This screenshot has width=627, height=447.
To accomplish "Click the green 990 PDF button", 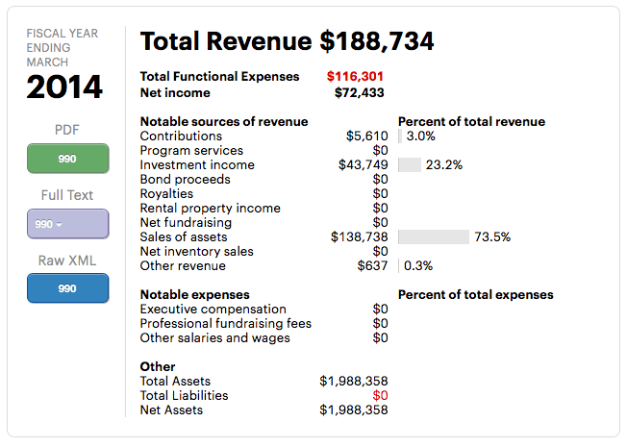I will click(x=67, y=159).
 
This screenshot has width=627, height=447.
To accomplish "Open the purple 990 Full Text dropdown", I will click(x=67, y=224).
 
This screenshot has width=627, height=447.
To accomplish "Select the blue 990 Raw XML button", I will click(x=67, y=288).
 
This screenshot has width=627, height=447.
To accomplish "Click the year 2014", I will click(x=64, y=87).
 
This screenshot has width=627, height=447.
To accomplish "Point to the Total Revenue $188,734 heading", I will click(x=287, y=41).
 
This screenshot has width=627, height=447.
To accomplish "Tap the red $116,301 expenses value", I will click(x=357, y=77).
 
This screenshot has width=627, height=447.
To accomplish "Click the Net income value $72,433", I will click(x=361, y=93).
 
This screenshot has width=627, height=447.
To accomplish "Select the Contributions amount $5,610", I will click(x=366, y=137).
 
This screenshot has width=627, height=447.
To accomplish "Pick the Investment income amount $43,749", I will click(x=363, y=165).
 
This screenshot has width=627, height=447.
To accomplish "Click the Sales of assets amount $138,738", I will click(x=359, y=237).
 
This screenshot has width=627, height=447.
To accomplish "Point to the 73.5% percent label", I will click(x=493, y=237).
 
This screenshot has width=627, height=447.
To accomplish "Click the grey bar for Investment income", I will click(x=409, y=165).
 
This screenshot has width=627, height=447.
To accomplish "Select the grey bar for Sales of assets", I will click(x=433, y=237).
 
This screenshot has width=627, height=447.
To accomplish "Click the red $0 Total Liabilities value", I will click(x=380, y=396).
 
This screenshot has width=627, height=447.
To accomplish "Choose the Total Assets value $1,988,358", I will click(x=353, y=382).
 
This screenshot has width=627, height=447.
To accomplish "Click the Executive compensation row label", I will click(x=213, y=310).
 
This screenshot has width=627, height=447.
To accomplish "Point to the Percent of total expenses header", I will click(x=475, y=295).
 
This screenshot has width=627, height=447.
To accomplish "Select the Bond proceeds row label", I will click(x=185, y=180).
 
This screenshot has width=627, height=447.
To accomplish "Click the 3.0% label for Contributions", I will click(x=421, y=137).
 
